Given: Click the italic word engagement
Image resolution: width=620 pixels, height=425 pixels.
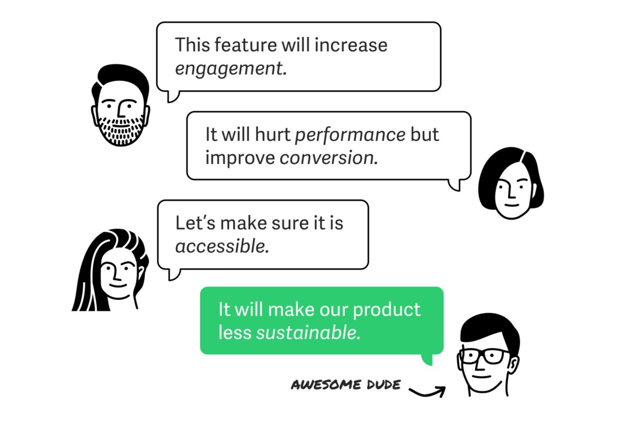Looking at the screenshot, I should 230,69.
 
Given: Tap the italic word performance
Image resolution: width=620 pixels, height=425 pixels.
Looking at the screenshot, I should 350,134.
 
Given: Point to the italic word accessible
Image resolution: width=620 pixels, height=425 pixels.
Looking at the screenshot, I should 222,246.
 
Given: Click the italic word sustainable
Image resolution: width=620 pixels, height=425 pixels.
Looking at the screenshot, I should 308,332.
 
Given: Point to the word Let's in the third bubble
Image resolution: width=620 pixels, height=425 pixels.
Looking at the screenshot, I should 193,223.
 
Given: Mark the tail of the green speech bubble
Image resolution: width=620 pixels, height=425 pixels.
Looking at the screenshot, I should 427,360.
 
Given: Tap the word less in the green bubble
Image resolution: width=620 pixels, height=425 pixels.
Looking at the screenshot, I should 235,332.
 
